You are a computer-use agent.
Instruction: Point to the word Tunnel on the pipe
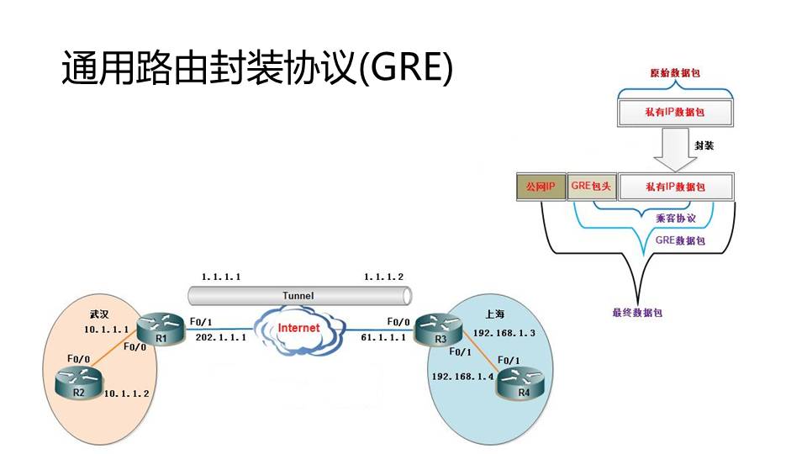click(298, 296)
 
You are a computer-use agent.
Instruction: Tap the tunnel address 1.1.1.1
click(222, 277)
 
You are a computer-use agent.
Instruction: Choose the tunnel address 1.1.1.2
click(383, 277)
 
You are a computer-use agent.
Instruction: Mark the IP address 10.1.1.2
click(126, 393)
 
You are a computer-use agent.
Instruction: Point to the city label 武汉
click(99, 314)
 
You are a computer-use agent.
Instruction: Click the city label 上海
click(495, 314)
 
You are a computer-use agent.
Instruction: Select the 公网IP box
click(540, 186)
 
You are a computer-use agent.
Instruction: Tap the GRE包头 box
click(592, 186)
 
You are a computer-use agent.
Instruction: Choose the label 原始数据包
click(676, 73)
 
